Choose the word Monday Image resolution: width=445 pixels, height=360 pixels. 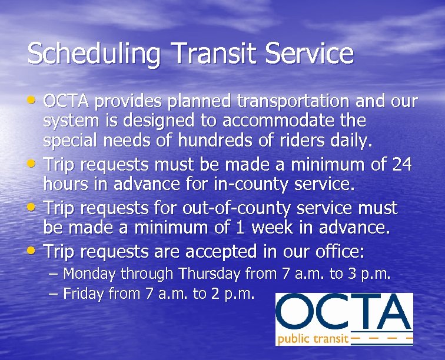tap(90, 274)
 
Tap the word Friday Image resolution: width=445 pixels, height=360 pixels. tap(83, 293)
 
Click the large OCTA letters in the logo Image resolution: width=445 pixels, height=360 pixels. tap(344, 312)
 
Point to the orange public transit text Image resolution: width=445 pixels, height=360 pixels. tap(312, 339)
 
